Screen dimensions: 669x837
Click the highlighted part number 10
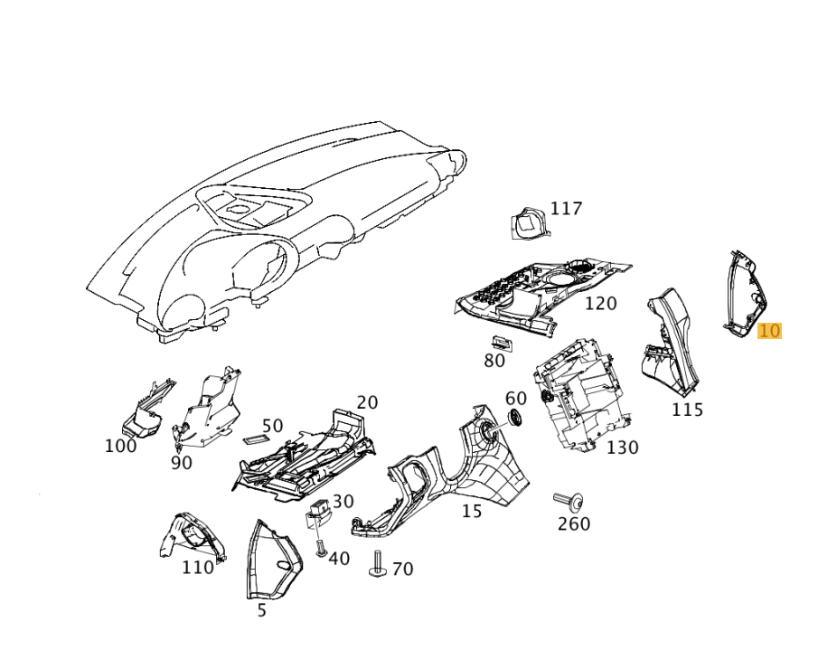(x=769, y=331)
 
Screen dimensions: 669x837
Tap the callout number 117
(x=566, y=209)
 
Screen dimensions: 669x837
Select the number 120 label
(x=600, y=304)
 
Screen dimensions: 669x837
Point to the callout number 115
(x=687, y=410)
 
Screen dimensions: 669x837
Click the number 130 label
(x=622, y=448)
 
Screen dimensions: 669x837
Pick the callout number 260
(x=573, y=523)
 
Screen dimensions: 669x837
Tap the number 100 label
(x=120, y=446)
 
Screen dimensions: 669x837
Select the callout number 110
(x=198, y=568)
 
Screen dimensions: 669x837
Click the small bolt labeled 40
(x=319, y=547)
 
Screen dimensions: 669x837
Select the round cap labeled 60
(x=516, y=419)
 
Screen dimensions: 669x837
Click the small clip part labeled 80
(x=499, y=343)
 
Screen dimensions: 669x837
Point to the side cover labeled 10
(x=745, y=294)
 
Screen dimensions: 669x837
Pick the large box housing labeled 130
(x=578, y=398)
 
